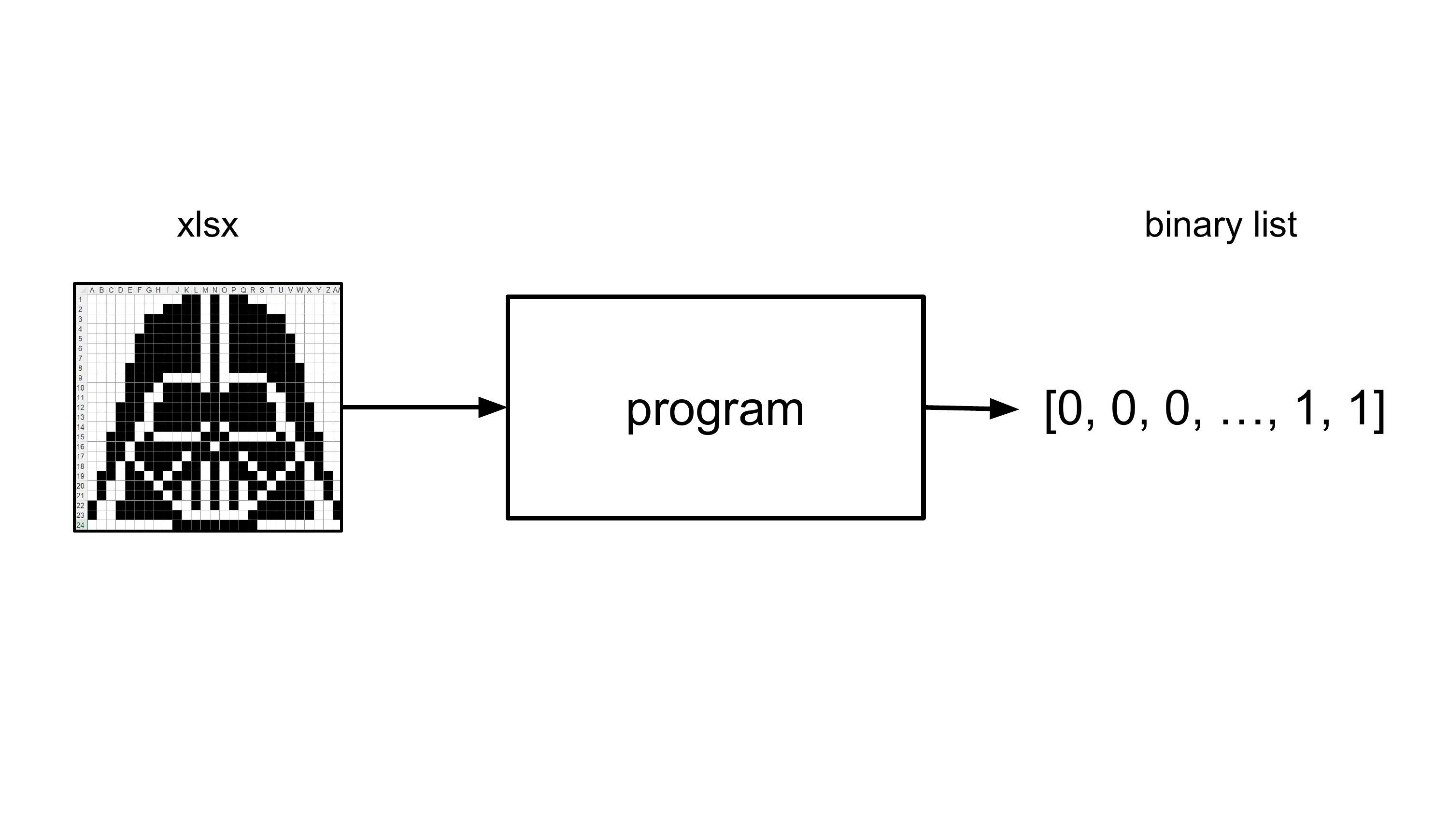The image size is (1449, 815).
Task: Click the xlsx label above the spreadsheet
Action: point(208,225)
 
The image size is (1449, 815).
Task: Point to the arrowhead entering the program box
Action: point(492,407)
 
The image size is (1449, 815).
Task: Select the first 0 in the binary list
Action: point(1070,408)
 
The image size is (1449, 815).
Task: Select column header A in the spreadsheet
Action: point(92,290)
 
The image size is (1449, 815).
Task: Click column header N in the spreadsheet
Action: point(215,290)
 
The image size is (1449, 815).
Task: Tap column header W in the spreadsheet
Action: point(299,290)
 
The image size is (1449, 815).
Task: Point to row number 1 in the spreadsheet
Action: point(81,300)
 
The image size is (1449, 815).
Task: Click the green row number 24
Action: point(81,525)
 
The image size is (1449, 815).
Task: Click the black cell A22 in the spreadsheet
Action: point(92,506)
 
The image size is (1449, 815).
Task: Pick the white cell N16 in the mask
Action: point(214,447)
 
